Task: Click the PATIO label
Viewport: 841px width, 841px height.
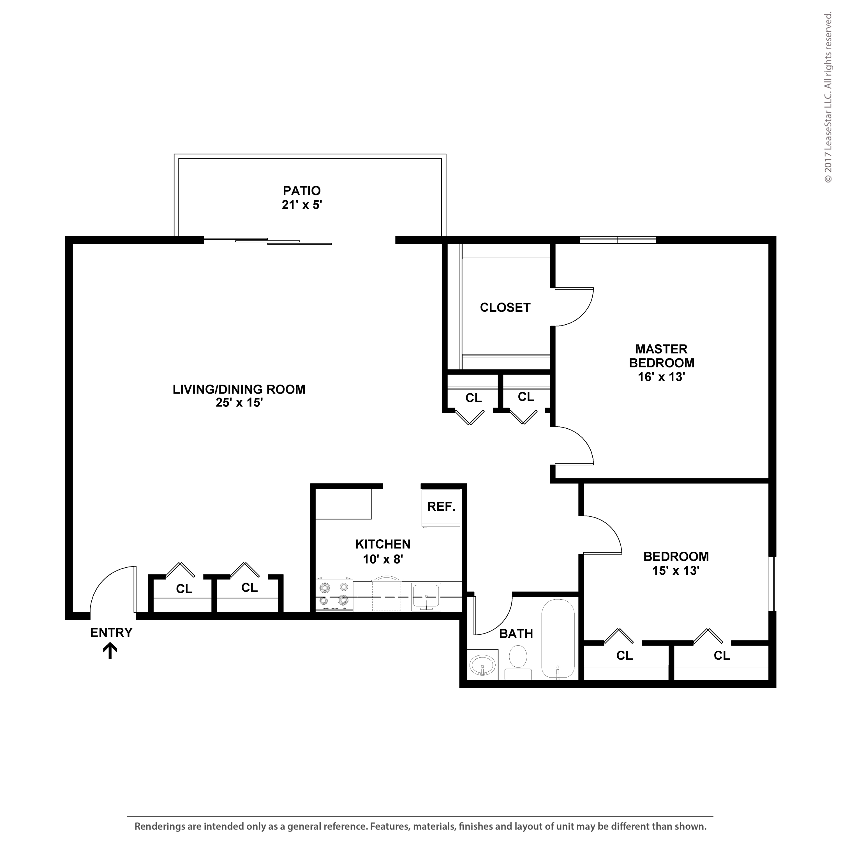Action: coord(302,191)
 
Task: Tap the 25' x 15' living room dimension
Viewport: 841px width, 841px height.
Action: coord(239,403)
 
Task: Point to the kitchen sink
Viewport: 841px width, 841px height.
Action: coord(426,596)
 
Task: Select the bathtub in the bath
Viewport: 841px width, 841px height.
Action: coord(558,638)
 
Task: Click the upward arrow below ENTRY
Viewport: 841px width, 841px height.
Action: coord(110,651)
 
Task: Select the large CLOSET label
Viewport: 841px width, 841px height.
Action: coord(505,307)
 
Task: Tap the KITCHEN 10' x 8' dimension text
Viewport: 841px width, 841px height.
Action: coord(383,559)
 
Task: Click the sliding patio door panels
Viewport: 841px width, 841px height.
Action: coord(268,241)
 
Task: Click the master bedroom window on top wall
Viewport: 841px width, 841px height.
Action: coord(617,240)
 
